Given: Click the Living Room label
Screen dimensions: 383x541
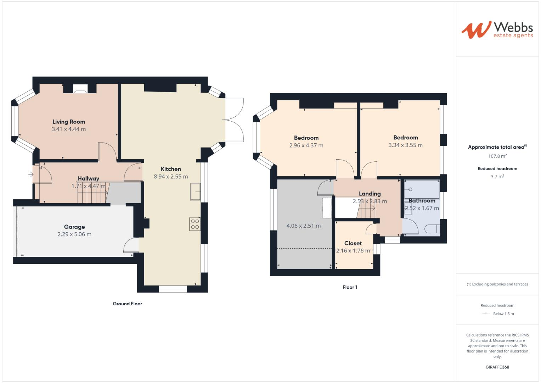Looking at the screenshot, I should [69, 122].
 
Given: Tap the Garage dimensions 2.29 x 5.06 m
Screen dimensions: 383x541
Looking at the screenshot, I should [74, 234].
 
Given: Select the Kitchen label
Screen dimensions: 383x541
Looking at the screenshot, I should [171, 169].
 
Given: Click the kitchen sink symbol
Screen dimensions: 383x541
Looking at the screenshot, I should [195, 191].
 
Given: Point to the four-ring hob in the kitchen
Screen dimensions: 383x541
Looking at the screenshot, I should [195, 224].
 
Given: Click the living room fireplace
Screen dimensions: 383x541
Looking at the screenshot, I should [79, 89].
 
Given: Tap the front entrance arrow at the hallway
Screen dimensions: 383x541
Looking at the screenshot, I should [31, 174].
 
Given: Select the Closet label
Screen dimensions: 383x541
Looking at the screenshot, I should [353, 243].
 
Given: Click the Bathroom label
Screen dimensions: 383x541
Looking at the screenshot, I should [422, 201].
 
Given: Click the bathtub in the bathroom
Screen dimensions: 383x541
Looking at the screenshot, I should [422, 189].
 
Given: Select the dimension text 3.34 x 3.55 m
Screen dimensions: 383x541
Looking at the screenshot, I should [405, 145].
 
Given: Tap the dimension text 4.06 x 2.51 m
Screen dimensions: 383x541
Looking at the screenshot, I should [303, 226].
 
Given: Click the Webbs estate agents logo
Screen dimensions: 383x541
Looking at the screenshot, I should [497, 30].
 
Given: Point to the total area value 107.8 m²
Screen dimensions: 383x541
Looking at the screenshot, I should [497, 156].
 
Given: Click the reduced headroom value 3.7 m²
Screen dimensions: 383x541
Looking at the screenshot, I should [497, 177].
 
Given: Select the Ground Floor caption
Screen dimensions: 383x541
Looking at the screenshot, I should [128, 304].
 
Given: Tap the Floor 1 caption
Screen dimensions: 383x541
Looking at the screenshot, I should [350, 287].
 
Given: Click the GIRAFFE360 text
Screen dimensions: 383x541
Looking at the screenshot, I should [497, 367].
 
